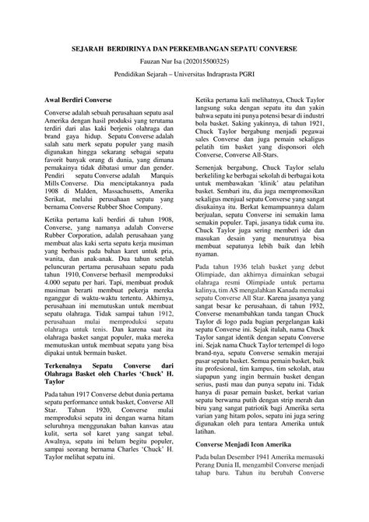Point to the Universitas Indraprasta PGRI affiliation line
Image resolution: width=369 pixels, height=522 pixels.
184,78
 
